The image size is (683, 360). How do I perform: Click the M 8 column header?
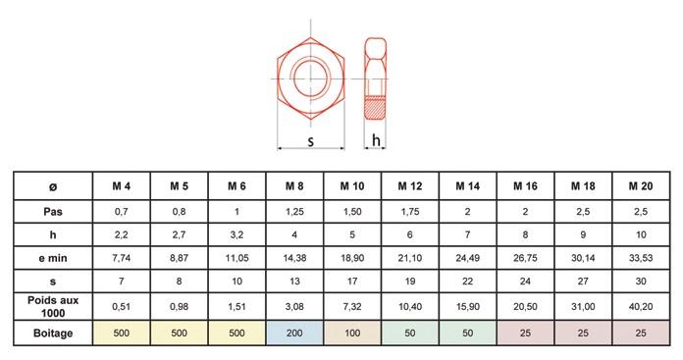click(294, 186)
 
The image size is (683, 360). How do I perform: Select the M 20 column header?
click(640, 186)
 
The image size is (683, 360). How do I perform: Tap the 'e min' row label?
click(53, 258)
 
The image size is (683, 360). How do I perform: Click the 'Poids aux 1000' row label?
click(53, 306)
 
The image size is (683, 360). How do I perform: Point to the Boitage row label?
click(53, 333)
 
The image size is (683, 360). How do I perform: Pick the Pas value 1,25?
click(294, 212)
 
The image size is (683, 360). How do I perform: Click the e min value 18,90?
click(352, 258)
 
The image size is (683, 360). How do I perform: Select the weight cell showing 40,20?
click(640, 306)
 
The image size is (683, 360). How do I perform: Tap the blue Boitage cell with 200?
click(294, 333)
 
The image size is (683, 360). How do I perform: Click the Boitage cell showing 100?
click(352, 333)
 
